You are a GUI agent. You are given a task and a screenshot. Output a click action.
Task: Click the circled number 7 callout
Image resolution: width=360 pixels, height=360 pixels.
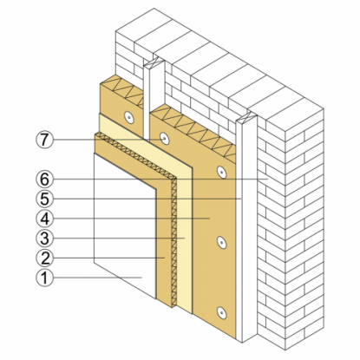pos(45,141)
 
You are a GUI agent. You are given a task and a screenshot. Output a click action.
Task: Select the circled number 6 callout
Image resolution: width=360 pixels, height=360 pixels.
pos(45,180)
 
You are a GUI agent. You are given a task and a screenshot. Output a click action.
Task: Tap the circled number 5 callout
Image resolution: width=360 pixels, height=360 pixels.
pos(45,199)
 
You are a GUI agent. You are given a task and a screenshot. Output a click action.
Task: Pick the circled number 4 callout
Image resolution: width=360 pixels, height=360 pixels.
pos(45,219)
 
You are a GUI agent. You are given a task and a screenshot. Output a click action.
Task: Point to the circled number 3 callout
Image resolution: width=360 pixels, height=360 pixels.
pos(45,239)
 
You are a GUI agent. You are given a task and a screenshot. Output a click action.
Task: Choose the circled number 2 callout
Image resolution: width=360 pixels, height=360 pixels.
pos(45,258)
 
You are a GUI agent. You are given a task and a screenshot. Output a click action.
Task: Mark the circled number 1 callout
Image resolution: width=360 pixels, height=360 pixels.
pos(45,278)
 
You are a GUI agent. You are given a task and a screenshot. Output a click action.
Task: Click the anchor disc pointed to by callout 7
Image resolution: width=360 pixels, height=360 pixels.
pos(164,139)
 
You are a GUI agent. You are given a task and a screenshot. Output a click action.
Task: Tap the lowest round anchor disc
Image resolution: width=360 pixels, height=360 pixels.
pos(221,312)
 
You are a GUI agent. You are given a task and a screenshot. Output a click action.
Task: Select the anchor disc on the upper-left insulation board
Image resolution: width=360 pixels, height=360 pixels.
pos(128,117)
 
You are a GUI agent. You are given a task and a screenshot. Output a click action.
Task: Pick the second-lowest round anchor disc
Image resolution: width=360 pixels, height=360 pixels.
pos(221,242)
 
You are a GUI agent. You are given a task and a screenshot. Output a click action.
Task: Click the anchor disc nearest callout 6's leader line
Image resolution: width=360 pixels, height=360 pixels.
pos(221,172)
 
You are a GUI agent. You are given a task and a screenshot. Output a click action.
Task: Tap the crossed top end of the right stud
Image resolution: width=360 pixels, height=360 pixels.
pos(246,117)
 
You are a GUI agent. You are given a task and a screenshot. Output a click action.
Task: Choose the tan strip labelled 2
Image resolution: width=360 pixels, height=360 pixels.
pos(163,245)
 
